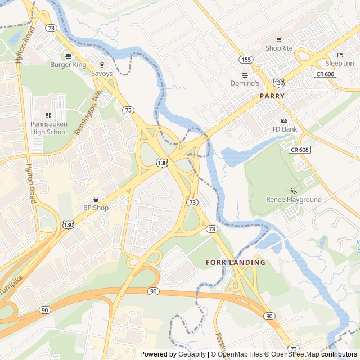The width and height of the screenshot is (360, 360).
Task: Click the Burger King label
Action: [68, 65]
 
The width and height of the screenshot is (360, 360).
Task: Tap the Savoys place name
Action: [102, 74]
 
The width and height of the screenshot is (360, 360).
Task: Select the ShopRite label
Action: [279, 48]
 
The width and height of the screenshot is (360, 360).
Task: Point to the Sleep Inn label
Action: [340, 64]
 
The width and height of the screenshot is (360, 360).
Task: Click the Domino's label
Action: [245, 83]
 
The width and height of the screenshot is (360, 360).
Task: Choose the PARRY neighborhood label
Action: [272, 96]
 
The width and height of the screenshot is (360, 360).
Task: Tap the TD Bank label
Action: [284, 129]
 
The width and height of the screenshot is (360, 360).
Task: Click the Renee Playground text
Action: [294, 200]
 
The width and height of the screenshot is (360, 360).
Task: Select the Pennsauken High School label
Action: [48, 128]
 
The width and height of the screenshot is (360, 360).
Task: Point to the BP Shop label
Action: [96, 208]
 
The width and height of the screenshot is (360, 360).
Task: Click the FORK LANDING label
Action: [235, 263]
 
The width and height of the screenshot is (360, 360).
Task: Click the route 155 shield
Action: [245, 59]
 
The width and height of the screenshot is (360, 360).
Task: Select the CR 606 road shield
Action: [325, 74]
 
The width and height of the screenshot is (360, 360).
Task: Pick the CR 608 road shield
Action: [300, 150]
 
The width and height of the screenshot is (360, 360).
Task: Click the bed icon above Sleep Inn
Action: [340, 55]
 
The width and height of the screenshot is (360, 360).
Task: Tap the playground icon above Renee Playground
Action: [294, 191]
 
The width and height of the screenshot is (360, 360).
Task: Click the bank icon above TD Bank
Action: [284, 120]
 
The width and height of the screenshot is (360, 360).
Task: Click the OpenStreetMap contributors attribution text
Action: [314, 354]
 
